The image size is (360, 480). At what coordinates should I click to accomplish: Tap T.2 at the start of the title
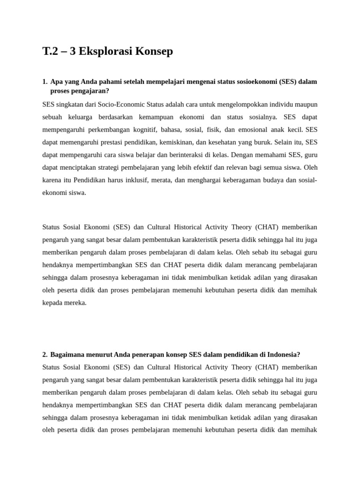[x=51, y=52]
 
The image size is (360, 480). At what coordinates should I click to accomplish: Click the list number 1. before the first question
[x=45, y=82]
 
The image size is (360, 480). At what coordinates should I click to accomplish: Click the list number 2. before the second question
[x=45, y=354]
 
